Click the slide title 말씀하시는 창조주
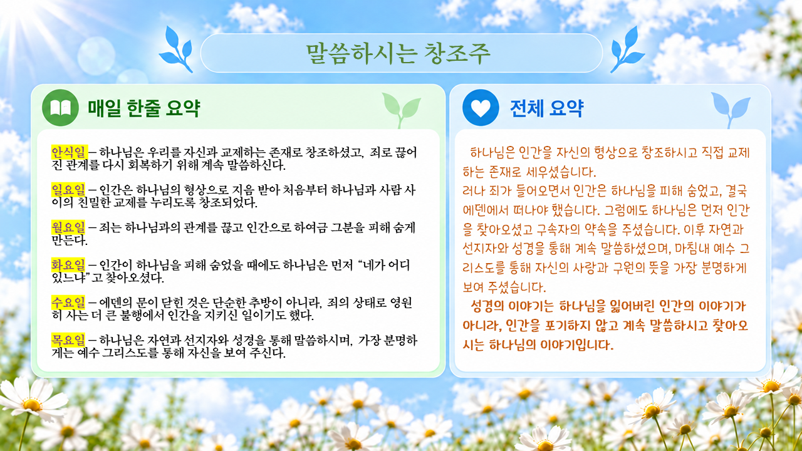[x=398, y=54]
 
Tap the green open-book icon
[x=60, y=108]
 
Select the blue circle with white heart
[x=481, y=107]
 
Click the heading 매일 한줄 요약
[x=144, y=108]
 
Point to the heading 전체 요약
[x=547, y=108]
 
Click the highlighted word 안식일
[x=69, y=152]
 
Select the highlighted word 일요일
[x=68, y=189]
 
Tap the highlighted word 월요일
[x=68, y=227]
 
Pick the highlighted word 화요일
[x=68, y=265]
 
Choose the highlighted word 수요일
[x=68, y=303]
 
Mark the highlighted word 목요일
[x=68, y=340]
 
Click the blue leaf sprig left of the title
[x=176, y=49]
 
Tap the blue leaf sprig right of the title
[x=627, y=49]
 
